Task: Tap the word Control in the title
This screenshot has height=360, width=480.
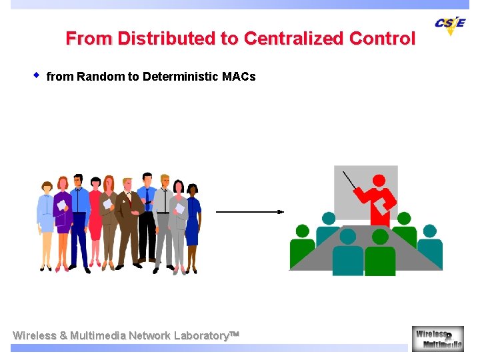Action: [383, 39]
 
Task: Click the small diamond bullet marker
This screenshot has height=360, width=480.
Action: [37, 75]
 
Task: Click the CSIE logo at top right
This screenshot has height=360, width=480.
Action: [450, 25]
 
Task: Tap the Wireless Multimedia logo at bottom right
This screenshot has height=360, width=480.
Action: [437, 338]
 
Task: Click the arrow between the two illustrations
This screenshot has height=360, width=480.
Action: [249, 212]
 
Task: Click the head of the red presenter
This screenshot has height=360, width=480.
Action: [379, 180]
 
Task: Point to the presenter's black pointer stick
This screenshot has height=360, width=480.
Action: [349, 181]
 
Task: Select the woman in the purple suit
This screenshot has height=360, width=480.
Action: [63, 213]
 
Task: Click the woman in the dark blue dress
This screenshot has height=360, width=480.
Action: [193, 220]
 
